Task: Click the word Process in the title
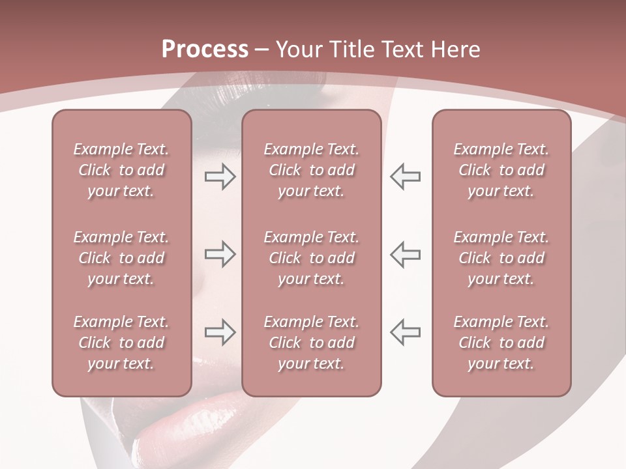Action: click(x=205, y=50)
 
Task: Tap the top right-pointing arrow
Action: click(x=220, y=177)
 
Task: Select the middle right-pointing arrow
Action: click(x=220, y=254)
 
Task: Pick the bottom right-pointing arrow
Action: click(x=220, y=332)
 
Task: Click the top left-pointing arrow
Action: click(x=405, y=177)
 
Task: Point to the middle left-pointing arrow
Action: click(x=405, y=254)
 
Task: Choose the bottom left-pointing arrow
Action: click(x=405, y=332)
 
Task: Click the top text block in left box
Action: click(x=121, y=170)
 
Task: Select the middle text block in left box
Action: click(x=121, y=258)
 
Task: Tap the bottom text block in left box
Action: click(x=121, y=343)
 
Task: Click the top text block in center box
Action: click(x=311, y=170)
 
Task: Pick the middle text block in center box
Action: click(x=311, y=258)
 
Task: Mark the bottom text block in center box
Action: click(x=311, y=343)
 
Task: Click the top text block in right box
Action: click(x=501, y=170)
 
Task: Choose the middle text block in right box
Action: click(x=501, y=258)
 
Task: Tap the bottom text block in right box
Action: click(x=501, y=343)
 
